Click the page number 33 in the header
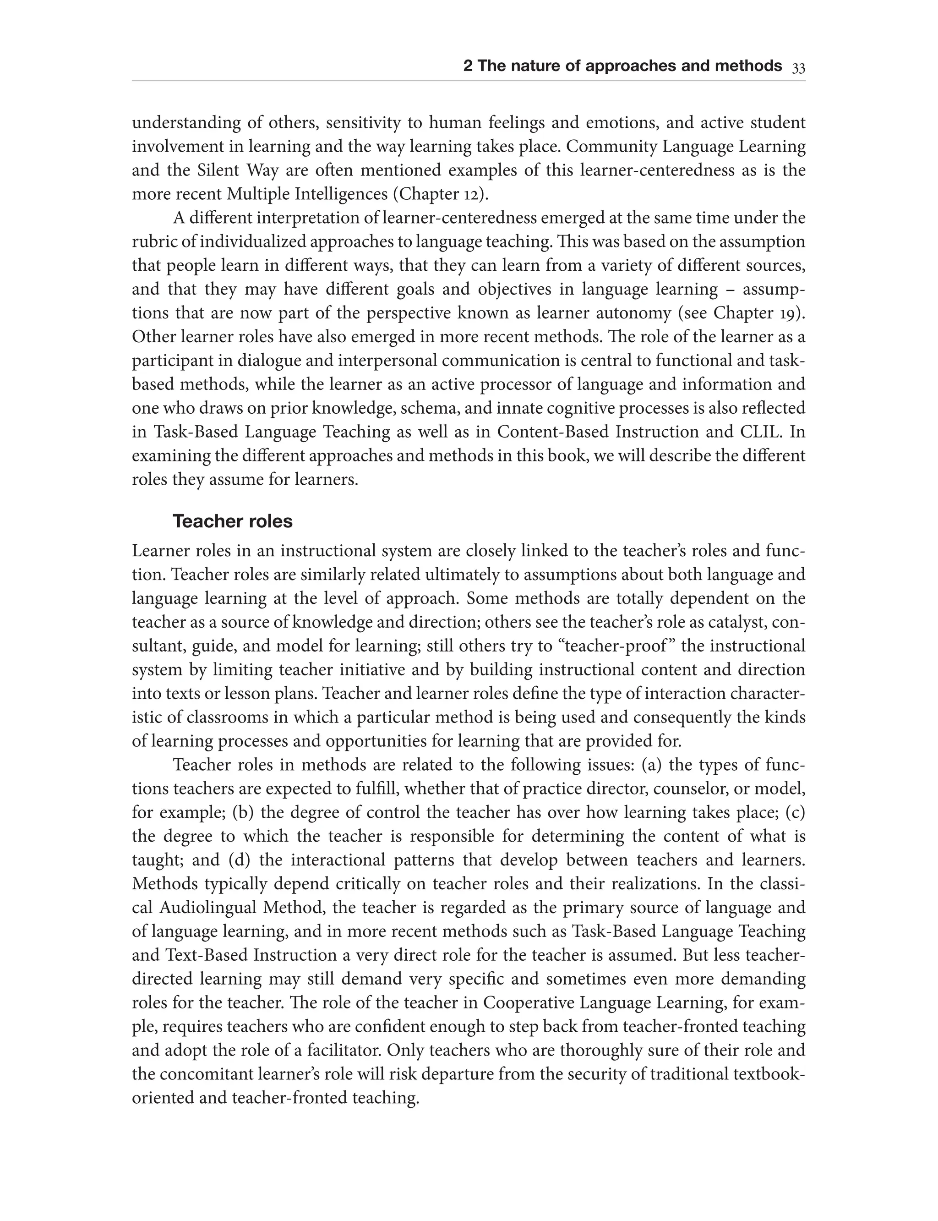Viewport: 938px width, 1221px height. coord(798,68)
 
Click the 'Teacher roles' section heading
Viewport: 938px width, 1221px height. coord(232,521)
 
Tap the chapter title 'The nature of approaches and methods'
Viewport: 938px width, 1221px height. coord(630,66)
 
